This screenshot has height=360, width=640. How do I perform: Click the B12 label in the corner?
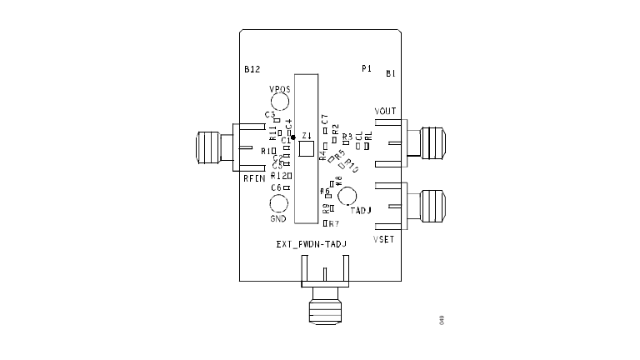pos(252,70)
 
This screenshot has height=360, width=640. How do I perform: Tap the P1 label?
pos(366,68)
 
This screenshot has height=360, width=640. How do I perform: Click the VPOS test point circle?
pos(280,103)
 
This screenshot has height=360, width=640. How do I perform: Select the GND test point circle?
pos(278,203)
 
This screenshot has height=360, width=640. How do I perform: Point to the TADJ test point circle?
pos(347,197)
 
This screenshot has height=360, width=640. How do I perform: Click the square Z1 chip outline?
pos(307,149)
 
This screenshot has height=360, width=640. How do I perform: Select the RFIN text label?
pos(253,178)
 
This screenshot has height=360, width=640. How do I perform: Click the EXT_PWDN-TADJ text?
pos(311,244)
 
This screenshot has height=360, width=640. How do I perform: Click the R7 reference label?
pos(334,224)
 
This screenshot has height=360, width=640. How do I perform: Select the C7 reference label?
pos(325,119)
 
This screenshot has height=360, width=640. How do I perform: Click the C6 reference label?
pos(276,187)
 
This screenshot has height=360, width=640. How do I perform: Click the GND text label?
pos(278,219)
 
